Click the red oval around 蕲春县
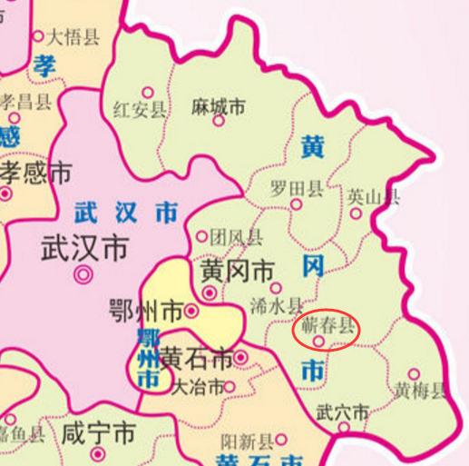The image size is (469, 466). point(327,332)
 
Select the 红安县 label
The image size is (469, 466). point(140,111)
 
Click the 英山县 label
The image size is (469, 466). point(373,196)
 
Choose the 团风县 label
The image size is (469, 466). point(236,238)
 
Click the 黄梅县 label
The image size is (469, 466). point(421,392)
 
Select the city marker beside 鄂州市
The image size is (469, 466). point(191,312)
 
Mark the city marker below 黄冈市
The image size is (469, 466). point(210,293)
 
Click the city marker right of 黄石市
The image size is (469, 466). point(240,358)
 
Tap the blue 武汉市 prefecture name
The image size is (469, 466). point(125,213)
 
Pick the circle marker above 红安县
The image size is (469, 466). point(147,93)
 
